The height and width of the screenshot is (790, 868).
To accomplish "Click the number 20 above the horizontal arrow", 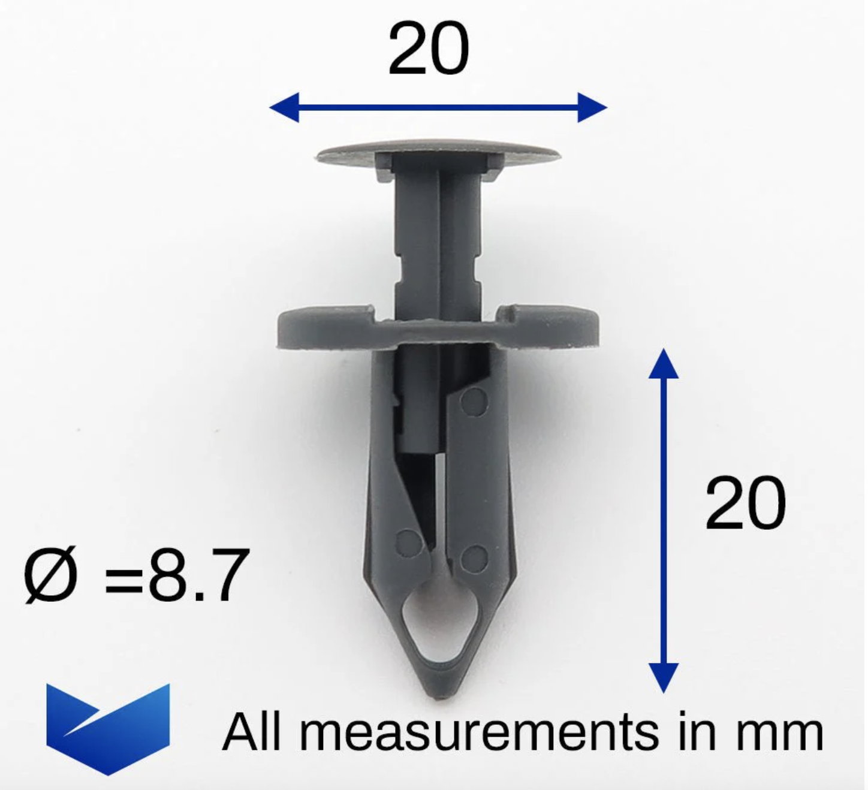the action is point(428,49).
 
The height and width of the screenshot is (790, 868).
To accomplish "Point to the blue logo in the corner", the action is point(108,729).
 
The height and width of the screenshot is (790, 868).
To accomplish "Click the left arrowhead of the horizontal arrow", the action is point(284,107).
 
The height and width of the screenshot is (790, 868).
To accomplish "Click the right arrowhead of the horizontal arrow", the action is point(592,107).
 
